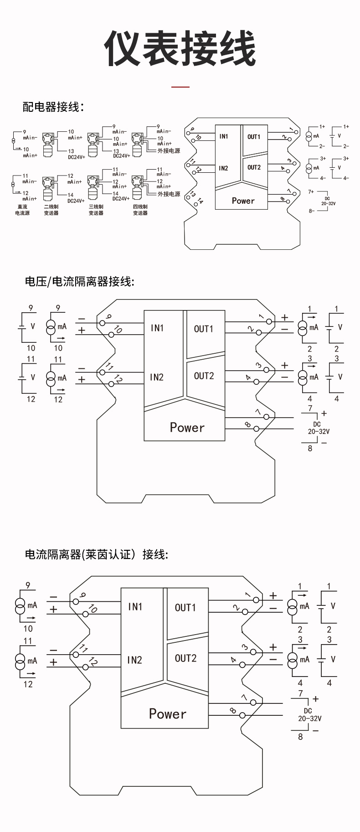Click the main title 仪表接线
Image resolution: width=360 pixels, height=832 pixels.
(x=180, y=49)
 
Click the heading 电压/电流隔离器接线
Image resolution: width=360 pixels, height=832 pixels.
(x=80, y=282)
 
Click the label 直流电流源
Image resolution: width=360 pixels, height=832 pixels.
(x=22, y=210)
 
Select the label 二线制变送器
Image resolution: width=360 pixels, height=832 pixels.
(x=51, y=210)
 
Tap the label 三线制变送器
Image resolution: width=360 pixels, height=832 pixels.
(x=96, y=210)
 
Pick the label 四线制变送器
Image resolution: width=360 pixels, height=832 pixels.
(x=140, y=210)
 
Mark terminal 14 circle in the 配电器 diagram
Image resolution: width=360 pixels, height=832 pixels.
(x=196, y=204)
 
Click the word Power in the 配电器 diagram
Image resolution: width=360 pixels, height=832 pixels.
(x=243, y=201)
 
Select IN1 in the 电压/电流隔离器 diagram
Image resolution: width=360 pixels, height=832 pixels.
(x=157, y=328)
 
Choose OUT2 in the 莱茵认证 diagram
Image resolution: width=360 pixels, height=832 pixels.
(x=185, y=658)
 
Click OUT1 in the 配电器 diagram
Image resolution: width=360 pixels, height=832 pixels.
(x=254, y=137)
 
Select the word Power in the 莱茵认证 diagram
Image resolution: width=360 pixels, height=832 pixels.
(x=168, y=713)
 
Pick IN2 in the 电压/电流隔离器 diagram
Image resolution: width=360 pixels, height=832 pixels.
(x=157, y=377)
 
